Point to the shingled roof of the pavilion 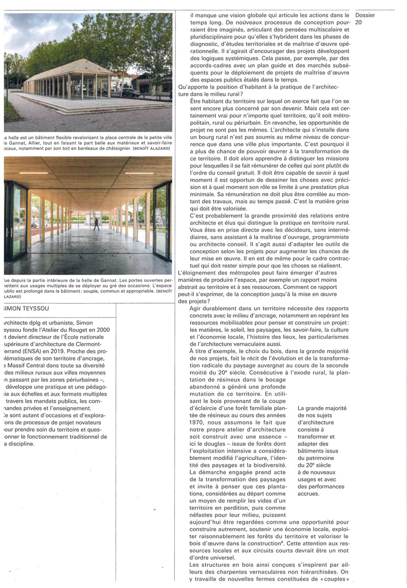[75, 69]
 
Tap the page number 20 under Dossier [359, 22]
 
